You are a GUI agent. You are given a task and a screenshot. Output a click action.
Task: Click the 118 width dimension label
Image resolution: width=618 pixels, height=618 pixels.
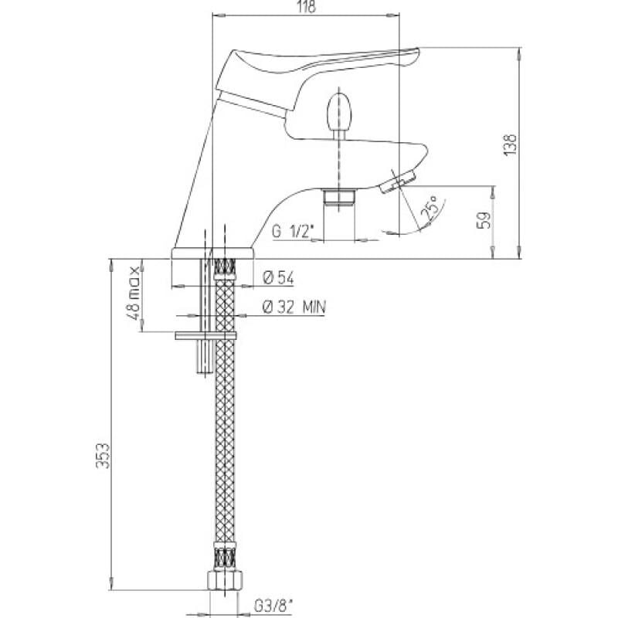[307, 7]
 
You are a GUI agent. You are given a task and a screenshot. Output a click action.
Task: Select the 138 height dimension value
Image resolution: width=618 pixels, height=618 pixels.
[511, 144]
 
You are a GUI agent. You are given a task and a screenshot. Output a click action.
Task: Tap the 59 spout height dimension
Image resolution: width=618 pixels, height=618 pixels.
[484, 220]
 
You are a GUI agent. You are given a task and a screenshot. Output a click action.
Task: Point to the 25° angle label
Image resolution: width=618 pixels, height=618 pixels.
[430, 208]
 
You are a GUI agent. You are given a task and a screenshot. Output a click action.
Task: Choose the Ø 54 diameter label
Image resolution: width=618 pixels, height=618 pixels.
[279, 278]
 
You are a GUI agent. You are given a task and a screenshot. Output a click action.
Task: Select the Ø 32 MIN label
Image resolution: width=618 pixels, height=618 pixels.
[294, 307]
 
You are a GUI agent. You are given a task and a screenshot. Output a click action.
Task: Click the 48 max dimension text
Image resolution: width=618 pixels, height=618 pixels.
[134, 294]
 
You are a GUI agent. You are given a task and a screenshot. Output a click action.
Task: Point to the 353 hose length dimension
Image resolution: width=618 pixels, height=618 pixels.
[103, 455]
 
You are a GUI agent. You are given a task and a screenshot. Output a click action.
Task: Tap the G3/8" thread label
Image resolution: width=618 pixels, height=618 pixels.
[273, 606]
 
